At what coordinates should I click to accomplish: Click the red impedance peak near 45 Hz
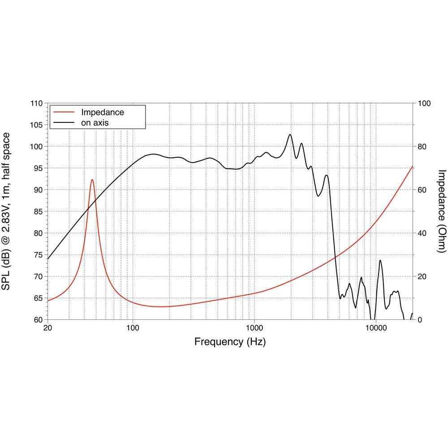tap(92, 180)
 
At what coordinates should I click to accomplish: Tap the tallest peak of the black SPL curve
tap(290, 134)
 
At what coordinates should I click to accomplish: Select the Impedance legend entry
tap(102, 112)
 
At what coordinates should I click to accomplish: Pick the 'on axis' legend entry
tap(95, 122)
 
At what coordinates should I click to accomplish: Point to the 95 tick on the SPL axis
tap(39, 168)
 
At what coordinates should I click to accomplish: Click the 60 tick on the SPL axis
tap(39, 320)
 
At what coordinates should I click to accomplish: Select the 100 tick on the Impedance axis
tap(424, 103)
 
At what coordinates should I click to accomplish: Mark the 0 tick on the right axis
tap(420, 320)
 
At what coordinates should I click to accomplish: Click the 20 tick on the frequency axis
tap(47, 328)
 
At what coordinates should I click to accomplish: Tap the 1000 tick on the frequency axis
tap(254, 328)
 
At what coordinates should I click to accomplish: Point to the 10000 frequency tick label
tap(376, 328)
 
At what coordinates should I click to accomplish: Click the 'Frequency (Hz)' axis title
tap(230, 342)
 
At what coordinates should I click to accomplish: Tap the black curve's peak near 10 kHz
tap(380, 260)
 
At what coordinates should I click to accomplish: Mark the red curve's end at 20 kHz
tap(412, 166)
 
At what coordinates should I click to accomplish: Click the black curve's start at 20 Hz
tap(47, 259)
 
